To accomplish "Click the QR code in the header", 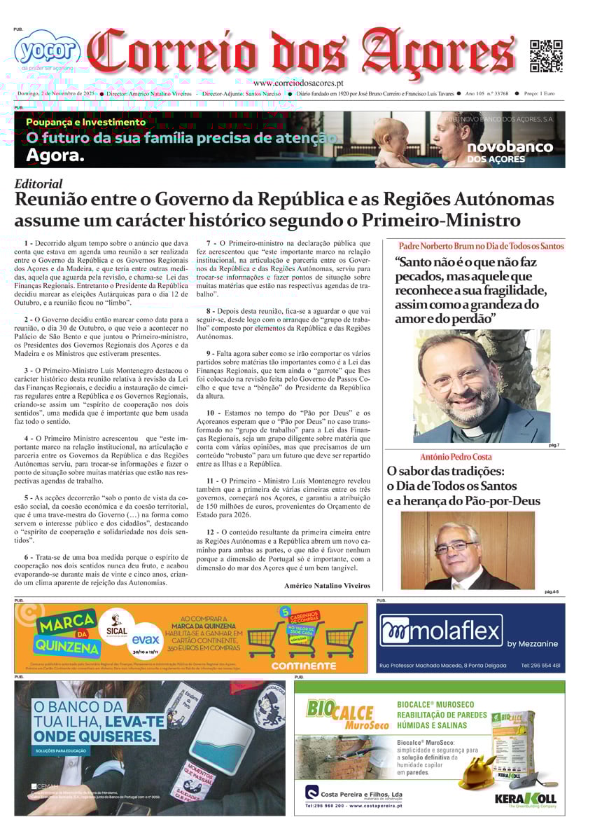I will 546,56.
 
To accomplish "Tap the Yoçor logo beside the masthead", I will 47,49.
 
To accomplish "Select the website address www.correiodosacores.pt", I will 304,83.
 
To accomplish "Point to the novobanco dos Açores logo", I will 510,151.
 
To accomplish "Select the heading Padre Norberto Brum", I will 481,246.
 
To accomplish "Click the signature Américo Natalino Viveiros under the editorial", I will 327,585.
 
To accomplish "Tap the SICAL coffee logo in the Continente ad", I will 117,624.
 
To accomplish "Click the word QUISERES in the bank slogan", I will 95,736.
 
